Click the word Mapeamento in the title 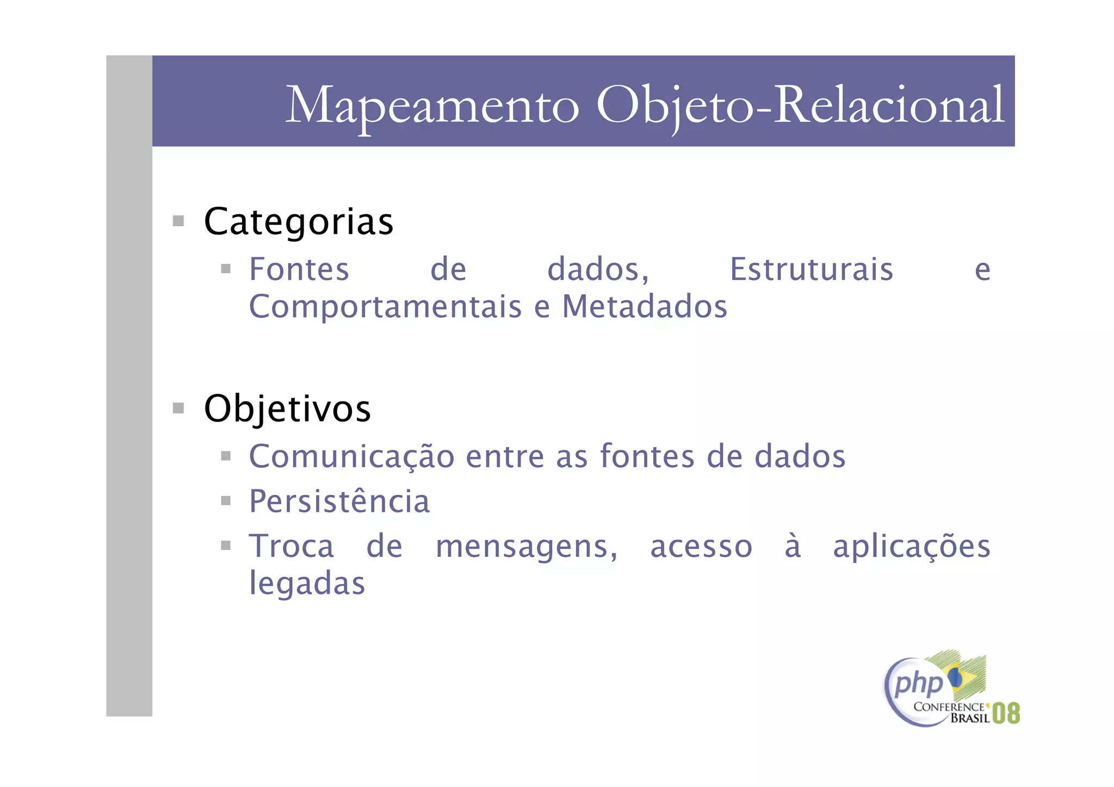point(432,105)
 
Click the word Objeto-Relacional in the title point(800,105)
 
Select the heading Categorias point(298,222)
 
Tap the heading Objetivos point(287,408)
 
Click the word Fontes point(299,269)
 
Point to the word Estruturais point(811,269)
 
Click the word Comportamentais point(385,306)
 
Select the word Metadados point(645,306)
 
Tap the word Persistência point(339,501)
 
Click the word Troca point(292,546)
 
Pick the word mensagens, point(527,547)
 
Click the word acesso point(701,547)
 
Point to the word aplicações point(912,547)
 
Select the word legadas point(307,584)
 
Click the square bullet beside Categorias point(178,221)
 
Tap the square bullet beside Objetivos point(178,408)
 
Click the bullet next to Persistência point(226,500)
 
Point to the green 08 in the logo point(1006,713)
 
